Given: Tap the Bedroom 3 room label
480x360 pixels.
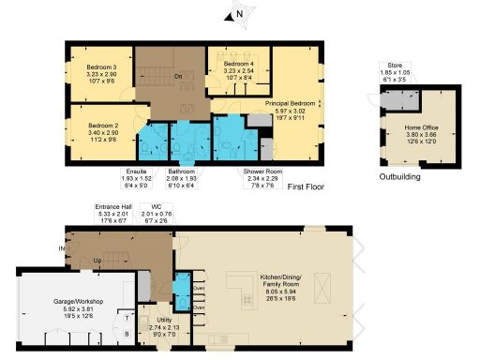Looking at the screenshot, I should (101, 67).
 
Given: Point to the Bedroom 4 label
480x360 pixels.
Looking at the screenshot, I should (239, 64).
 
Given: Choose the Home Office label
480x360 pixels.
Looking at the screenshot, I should (421, 126).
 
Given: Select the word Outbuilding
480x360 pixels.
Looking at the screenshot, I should (398, 176).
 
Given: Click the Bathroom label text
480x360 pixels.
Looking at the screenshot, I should (181, 172).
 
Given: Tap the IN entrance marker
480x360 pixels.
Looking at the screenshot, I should (62, 248).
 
